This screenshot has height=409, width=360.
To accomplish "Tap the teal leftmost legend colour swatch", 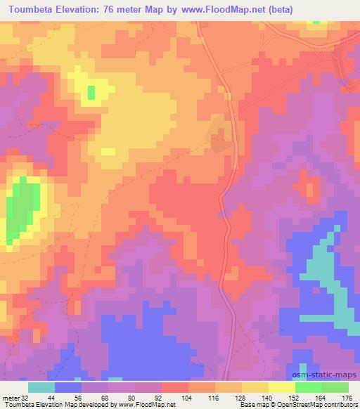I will pyautogui.click(x=41, y=387).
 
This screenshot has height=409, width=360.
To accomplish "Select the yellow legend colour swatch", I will pyautogui.click(x=282, y=387).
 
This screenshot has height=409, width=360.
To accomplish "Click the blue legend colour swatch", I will pyautogui.click(x=68, y=387).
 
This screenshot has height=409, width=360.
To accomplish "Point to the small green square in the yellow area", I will pyautogui.click(x=91, y=91).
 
